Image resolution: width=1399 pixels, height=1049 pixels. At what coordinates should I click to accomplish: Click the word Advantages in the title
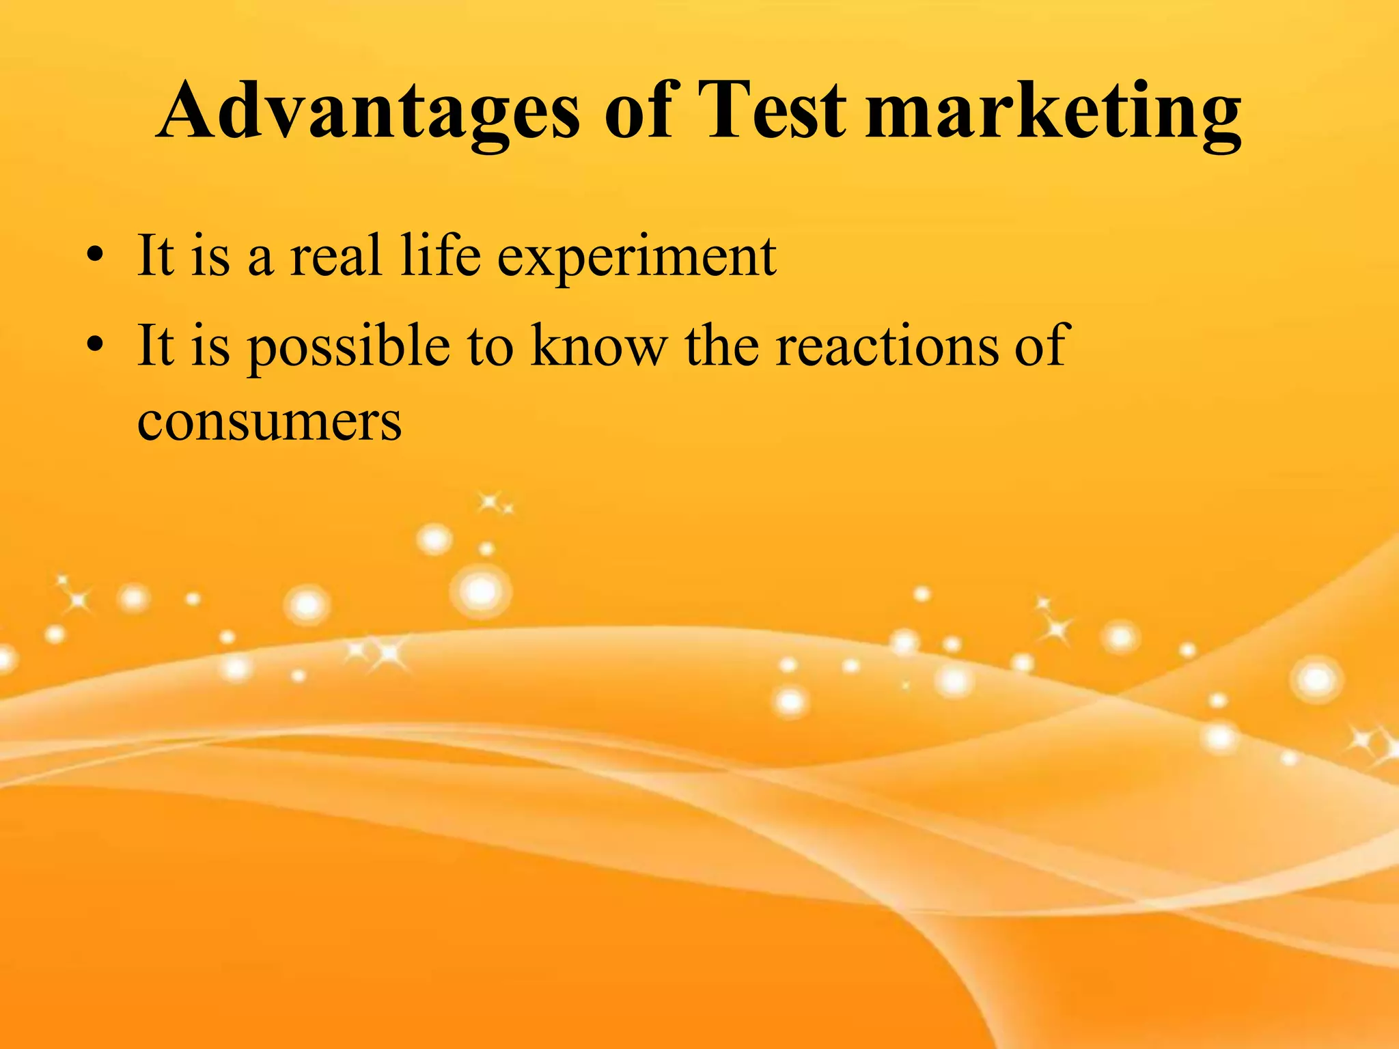[x=369, y=112]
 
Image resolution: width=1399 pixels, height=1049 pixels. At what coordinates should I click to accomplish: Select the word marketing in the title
[x=1053, y=113]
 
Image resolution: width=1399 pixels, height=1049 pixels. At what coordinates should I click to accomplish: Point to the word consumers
[x=269, y=422]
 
